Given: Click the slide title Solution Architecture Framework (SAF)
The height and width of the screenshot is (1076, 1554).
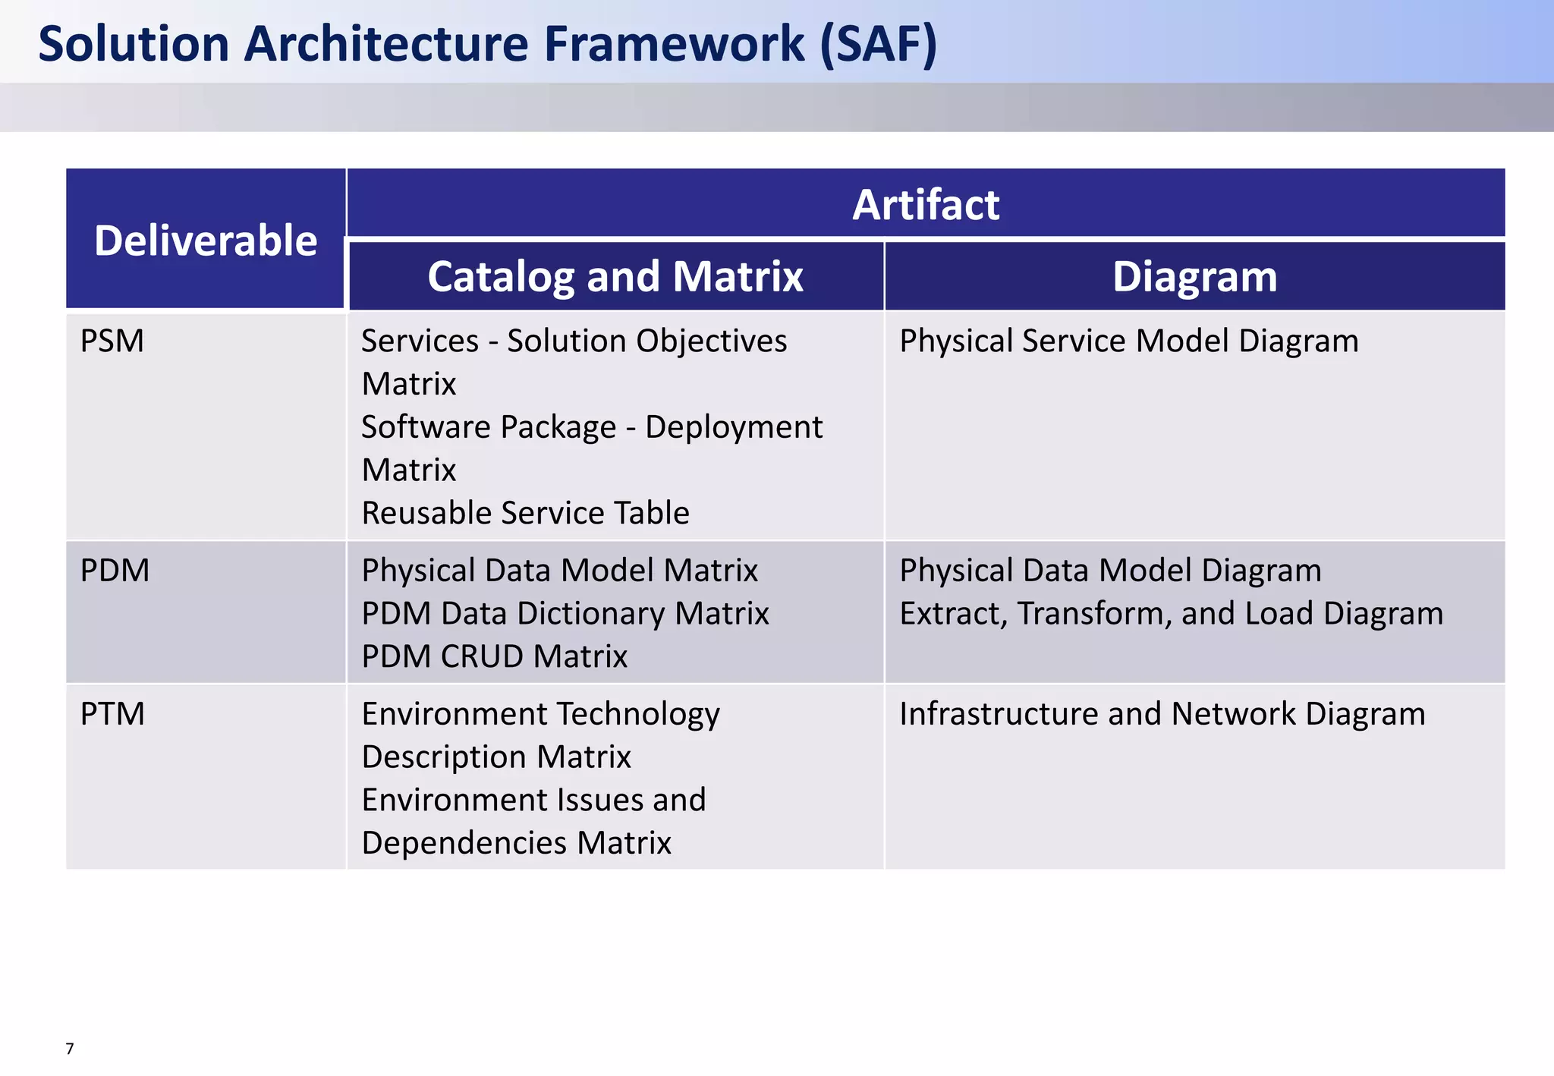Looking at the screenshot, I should click(488, 43).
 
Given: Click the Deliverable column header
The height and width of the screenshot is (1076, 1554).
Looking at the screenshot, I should click(206, 241).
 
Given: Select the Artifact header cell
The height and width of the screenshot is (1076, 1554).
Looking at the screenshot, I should click(926, 205).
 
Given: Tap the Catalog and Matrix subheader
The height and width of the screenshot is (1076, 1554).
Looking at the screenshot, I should click(615, 276).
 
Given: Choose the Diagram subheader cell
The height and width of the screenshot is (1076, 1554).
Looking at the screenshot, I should click(1194, 276).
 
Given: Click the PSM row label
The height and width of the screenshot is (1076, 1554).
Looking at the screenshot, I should click(112, 341).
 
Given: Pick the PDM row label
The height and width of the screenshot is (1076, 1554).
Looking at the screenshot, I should click(115, 570).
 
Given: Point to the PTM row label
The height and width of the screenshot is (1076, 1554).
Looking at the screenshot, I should click(112, 714).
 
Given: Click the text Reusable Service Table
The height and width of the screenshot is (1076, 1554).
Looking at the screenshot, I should click(525, 513).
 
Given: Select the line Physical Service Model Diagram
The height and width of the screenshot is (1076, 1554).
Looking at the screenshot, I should click(1129, 341).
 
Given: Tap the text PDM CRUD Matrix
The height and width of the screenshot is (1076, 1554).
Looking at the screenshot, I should click(494, 656).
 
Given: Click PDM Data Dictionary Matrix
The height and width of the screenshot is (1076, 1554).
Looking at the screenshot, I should click(565, 613).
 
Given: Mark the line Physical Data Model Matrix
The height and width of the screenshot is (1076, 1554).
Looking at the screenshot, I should click(559, 570).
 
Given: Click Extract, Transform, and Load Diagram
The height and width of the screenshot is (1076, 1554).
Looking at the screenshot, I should click(1171, 613).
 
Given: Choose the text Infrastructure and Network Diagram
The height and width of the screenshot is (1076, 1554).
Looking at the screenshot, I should click(1162, 714).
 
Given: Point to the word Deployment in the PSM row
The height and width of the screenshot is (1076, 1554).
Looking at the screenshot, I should click(733, 427).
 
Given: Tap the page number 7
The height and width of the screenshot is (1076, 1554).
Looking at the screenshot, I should click(70, 1049).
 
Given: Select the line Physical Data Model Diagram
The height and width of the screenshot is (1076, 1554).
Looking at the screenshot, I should click(1110, 570).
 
